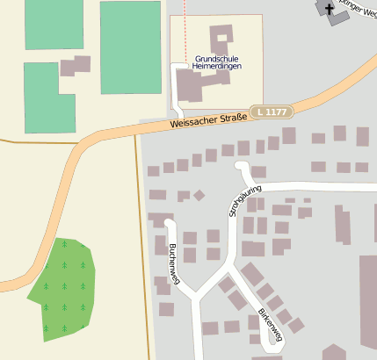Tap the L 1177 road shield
[271, 112]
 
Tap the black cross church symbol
[330, 10]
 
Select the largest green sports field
[130, 47]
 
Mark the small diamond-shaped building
[199, 195]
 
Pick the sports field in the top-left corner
[54, 24]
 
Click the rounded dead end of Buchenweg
[170, 223]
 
